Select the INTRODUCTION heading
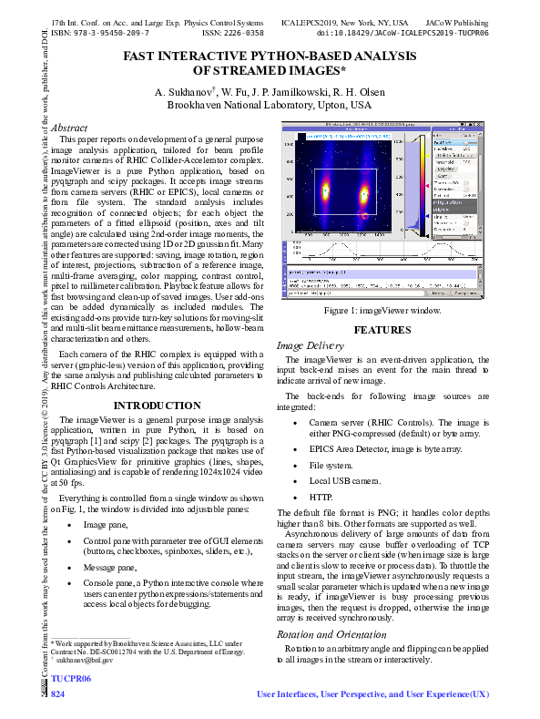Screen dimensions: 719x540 (x=157, y=406)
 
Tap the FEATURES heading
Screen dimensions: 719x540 (x=382, y=330)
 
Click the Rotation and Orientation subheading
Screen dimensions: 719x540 (x=326, y=633)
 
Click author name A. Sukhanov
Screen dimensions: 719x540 (x=184, y=92)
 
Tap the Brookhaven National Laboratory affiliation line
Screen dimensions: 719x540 (x=270, y=105)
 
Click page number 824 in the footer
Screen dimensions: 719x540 (x=58, y=694)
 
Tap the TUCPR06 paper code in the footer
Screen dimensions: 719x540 (x=71, y=680)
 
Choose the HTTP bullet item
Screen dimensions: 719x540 (x=321, y=498)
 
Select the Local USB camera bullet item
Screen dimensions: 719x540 (x=344, y=480)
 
